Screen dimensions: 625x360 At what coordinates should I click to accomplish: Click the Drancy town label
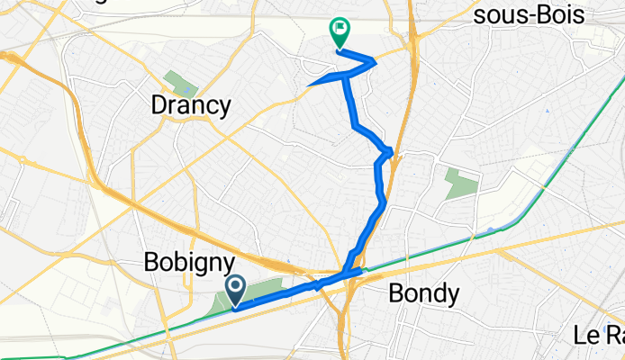click(189, 105)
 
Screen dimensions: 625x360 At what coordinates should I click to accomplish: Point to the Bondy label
click(424, 292)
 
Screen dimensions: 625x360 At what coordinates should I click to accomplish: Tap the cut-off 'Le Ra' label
click(599, 336)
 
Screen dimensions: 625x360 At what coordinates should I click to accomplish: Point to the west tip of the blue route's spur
click(309, 86)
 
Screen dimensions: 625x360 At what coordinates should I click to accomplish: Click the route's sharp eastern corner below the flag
click(374, 61)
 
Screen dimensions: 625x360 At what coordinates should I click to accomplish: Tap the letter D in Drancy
click(157, 105)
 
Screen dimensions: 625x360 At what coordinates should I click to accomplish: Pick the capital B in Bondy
click(396, 292)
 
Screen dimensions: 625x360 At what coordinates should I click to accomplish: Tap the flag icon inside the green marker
click(340, 30)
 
